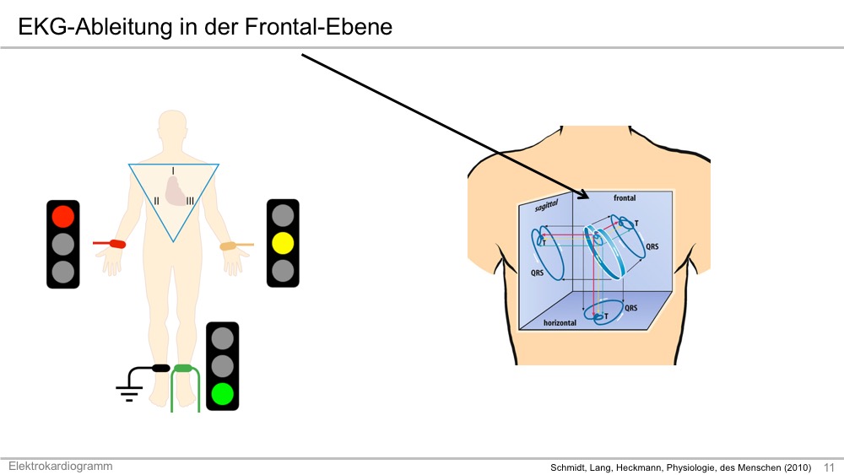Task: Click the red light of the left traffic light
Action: coord(63,216)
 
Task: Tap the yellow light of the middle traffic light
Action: coord(283,243)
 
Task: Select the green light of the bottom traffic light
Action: coord(222,394)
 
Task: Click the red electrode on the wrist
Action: coord(117,244)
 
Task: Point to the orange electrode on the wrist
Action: coord(229,246)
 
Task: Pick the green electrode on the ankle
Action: coord(183,369)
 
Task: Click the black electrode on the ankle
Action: coord(161,369)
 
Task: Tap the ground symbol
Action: coord(129,393)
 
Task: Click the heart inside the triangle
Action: coord(176,191)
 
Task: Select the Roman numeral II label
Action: coord(157,201)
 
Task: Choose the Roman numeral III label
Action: coord(190,201)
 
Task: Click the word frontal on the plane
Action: coord(625,198)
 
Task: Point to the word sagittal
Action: coord(546,206)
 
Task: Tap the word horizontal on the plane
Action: coord(560,323)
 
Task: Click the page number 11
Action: coord(830,467)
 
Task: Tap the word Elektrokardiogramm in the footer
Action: coord(60,467)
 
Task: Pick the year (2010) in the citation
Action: coord(798,467)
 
